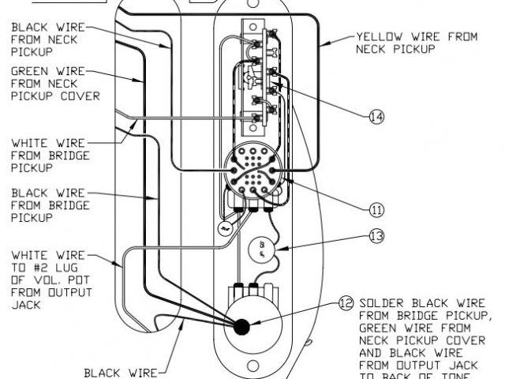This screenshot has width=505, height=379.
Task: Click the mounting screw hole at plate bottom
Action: click(252, 366)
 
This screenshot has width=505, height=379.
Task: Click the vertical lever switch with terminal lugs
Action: click(254, 75)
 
